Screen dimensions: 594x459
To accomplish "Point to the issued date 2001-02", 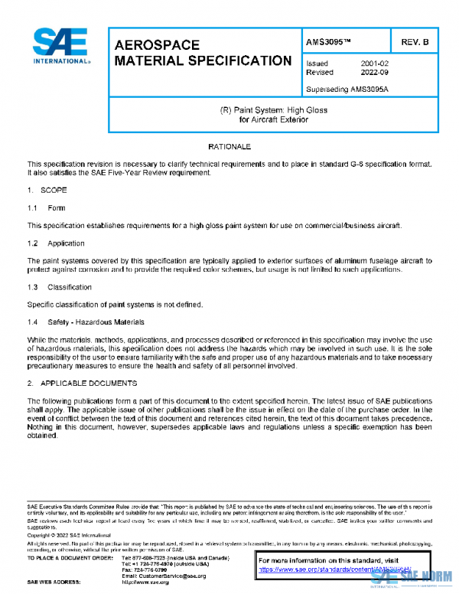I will tap(376, 64).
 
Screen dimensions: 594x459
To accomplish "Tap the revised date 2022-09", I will tap(376, 72).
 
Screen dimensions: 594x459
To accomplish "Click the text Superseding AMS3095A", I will tap(345, 90).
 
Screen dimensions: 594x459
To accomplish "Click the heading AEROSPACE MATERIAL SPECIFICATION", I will tap(202, 53).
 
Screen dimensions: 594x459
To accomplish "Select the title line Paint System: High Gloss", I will tap(273, 110).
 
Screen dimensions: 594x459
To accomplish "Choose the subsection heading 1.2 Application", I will tap(57, 243).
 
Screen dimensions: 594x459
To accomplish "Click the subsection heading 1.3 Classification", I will tap(60, 287).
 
